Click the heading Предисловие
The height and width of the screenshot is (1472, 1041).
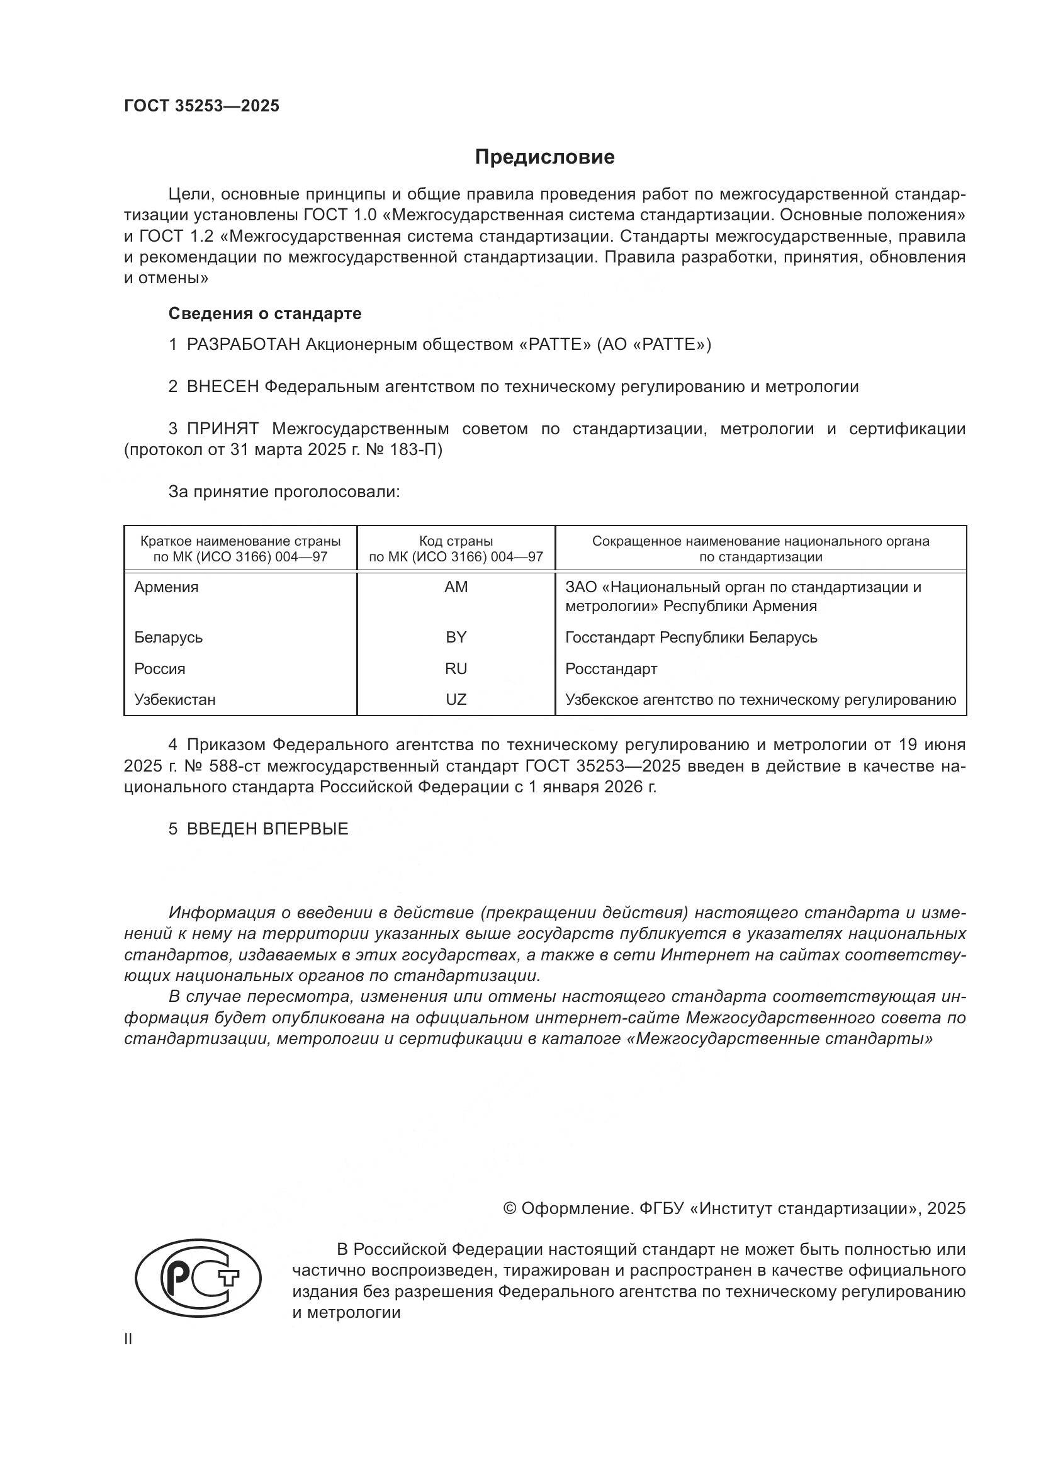point(544,157)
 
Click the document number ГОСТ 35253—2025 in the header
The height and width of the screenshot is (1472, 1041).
point(201,106)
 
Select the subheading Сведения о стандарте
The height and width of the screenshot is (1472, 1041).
point(265,313)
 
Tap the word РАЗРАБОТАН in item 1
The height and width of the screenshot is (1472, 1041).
point(243,345)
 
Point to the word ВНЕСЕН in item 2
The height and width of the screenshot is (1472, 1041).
point(222,386)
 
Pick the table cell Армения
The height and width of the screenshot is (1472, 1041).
point(166,587)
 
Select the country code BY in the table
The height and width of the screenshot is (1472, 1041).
point(456,638)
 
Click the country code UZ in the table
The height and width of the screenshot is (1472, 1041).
point(456,699)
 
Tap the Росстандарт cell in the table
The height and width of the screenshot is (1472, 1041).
point(611,669)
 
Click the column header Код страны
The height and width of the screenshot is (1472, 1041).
point(456,541)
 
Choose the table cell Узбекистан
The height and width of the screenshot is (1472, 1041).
point(175,699)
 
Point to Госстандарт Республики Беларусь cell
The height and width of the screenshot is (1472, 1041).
point(691,638)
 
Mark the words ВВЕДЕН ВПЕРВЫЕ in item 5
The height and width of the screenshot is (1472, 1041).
point(267,829)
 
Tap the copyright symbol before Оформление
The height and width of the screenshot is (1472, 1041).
point(510,1208)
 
